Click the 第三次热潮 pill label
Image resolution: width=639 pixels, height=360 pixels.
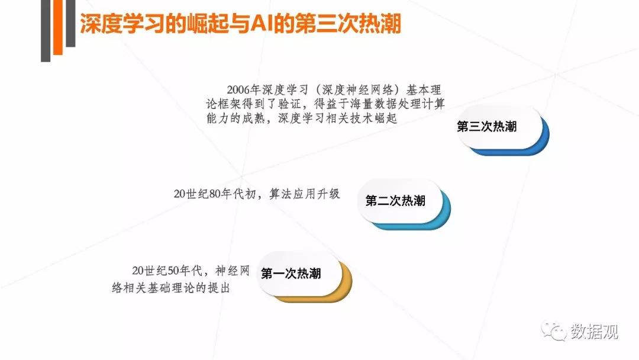point(487,127)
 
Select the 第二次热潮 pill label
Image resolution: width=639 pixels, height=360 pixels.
point(395,201)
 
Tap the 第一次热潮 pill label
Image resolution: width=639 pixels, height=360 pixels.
point(291,274)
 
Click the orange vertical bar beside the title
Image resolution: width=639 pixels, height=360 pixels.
point(58,30)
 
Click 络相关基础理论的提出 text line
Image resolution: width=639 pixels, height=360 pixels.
point(170,288)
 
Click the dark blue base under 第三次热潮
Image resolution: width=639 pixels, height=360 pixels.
point(521,151)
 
